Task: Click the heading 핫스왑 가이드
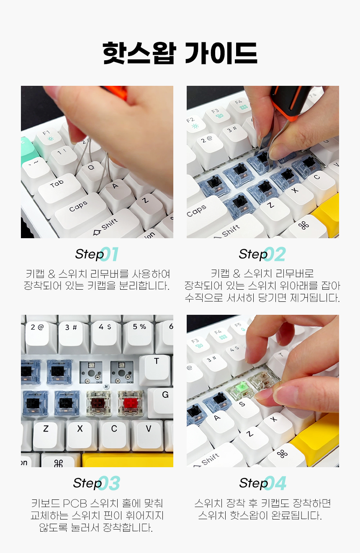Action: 180,53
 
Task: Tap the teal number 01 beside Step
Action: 109,254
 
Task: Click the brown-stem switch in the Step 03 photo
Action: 99,404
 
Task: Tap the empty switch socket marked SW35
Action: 91,372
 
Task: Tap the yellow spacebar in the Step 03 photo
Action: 127,460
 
